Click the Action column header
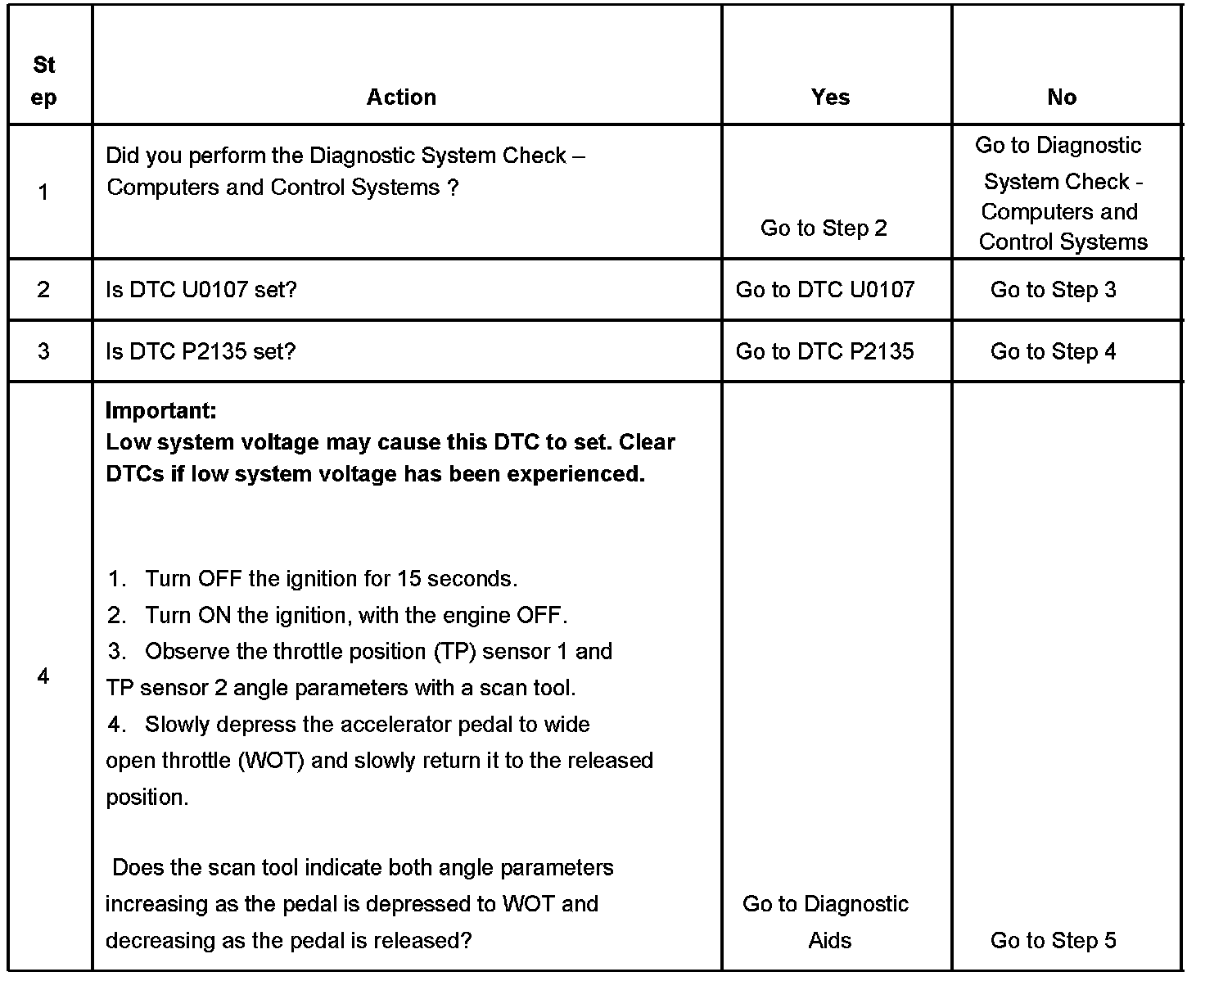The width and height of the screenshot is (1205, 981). [401, 97]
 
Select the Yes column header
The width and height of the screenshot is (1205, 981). [830, 97]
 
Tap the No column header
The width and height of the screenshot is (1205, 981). [1062, 97]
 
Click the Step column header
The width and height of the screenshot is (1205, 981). [44, 81]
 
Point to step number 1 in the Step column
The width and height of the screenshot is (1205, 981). [43, 192]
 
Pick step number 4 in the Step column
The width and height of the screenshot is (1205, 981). [43, 676]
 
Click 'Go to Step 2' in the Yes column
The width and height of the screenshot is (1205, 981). [824, 228]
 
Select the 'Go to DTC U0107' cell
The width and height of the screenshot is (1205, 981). [825, 290]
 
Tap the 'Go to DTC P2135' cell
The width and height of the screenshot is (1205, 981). [825, 352]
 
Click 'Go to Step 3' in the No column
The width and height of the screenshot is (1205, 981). [1053, 290]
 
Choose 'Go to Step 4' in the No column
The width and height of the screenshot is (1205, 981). [1053, 352]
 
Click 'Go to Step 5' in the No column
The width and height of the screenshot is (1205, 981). [1053, 941]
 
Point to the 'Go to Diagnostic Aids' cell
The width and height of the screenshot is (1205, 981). [826, 922]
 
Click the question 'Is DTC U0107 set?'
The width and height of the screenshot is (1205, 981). [201, 290]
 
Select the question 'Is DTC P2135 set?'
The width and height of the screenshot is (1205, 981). [201, 352]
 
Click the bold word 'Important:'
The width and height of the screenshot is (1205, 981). [161, 410]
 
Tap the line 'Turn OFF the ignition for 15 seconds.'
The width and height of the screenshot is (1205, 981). [331, 579]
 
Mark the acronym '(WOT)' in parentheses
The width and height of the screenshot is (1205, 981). [272, 761]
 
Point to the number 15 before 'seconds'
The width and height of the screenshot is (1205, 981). [408, 579]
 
